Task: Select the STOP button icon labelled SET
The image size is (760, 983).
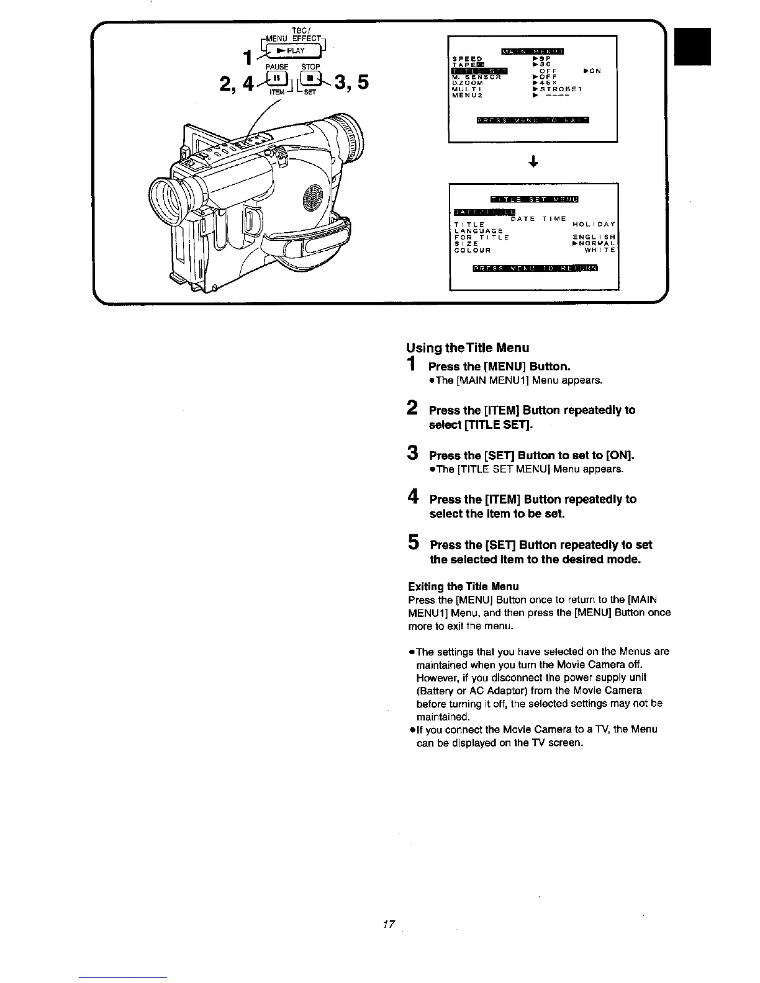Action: click(310, 79)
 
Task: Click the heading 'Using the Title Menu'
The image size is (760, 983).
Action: click(468, 348)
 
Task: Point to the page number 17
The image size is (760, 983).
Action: click(389, 925)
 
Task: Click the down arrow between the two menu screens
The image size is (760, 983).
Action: click(533, 163)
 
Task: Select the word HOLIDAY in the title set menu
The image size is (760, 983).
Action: click(594, 224)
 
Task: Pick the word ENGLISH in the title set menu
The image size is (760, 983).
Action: click(594, 237)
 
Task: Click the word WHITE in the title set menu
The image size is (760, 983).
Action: click(600, 251)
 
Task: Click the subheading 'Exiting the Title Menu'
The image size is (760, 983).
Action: click(463, 586)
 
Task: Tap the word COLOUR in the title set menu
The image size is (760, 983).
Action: click(473, 251)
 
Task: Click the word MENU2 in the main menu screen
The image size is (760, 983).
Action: click(468, 96)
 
